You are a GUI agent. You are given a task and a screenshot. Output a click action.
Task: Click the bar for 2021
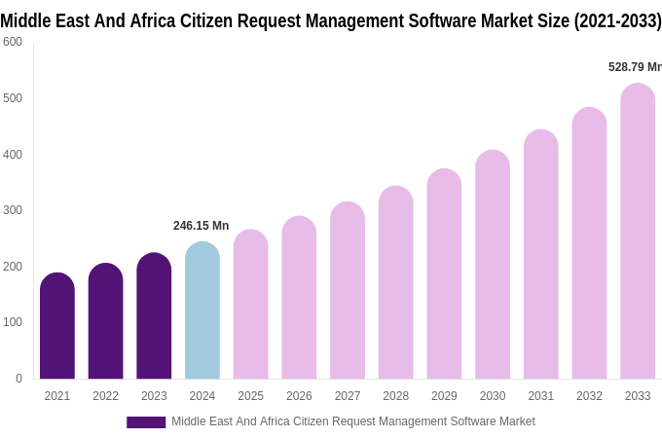[57, 326]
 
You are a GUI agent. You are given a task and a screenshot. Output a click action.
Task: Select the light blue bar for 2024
[202, 311]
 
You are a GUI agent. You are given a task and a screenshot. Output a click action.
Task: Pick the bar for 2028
[396, 283]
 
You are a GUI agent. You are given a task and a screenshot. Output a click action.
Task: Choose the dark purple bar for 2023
[154, 316]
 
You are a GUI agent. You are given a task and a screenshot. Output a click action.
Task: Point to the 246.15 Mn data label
[201, 226]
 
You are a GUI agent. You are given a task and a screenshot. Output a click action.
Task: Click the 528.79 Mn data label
[634, 67]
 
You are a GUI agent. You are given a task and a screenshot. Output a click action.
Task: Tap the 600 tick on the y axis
[13, 42]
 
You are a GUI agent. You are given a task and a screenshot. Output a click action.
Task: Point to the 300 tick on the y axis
[13, 210]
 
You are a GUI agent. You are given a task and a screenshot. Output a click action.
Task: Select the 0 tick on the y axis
[18, 379]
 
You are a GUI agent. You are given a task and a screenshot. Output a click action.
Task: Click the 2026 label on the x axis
[299, 396]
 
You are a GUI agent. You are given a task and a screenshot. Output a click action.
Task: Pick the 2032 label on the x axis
[589, 396]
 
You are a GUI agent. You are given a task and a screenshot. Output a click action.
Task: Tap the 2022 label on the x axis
[105, 396]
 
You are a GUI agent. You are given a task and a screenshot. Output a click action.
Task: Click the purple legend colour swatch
[146, 422]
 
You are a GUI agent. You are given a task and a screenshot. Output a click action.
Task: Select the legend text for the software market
[353, 421]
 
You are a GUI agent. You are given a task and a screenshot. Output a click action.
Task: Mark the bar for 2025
[250, 305]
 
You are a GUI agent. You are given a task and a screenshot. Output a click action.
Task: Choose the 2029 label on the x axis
[444, 396]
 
